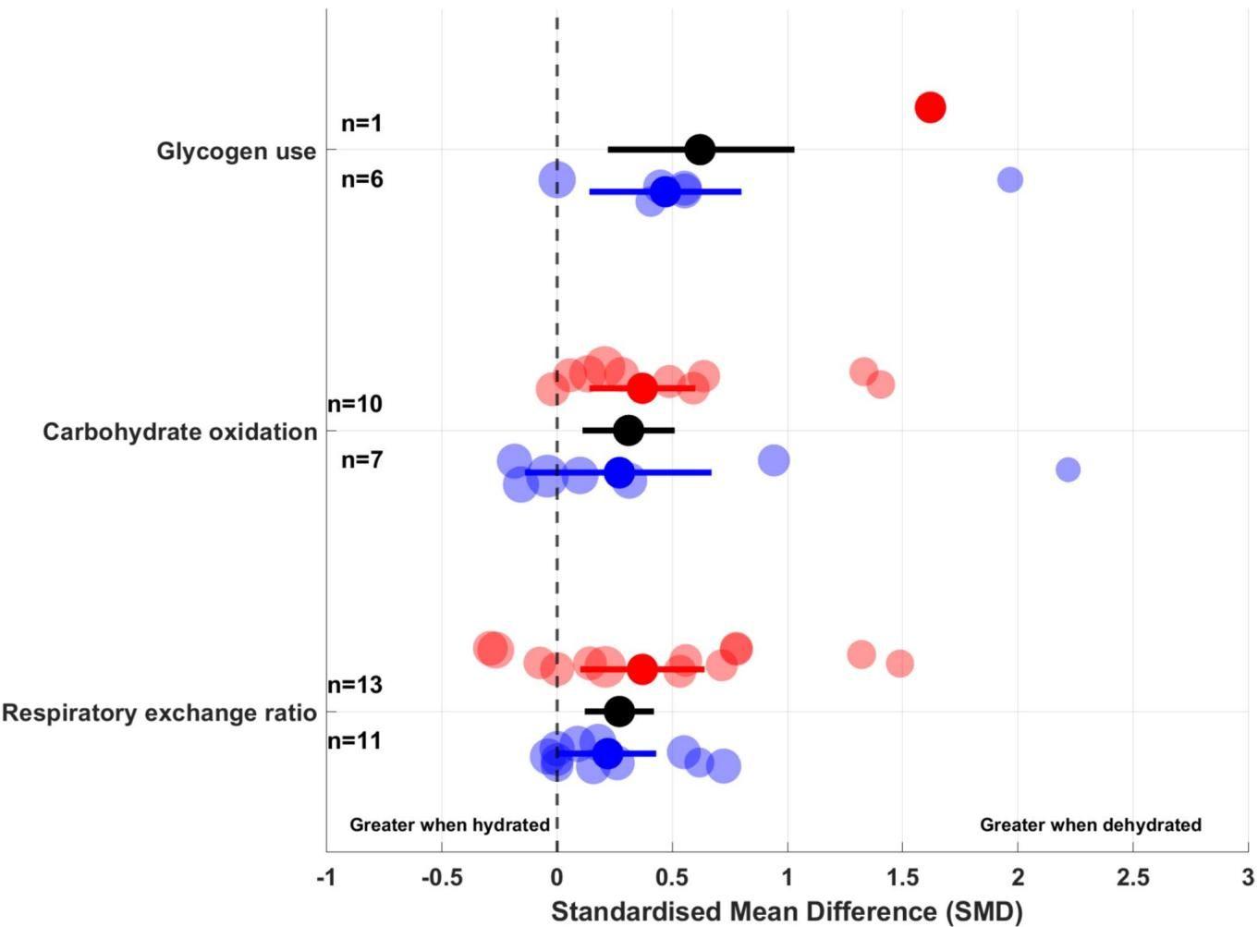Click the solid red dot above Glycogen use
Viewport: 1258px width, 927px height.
(x=930, y=107)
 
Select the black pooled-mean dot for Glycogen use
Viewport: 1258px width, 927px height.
(x=701, y=149)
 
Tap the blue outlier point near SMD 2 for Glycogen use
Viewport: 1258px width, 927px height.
(x=1010, y=179)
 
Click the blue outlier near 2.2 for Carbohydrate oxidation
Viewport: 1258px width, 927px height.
(x=1068, y=470)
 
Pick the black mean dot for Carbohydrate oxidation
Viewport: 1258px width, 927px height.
(x=629, y=430)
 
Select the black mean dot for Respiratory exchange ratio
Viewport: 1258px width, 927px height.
(x=619, y=711)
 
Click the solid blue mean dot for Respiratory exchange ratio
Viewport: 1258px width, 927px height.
(x=607, y=753)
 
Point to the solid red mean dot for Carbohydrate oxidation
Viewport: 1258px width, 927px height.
(x=641, y=387)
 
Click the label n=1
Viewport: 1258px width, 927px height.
(x=361, y=123)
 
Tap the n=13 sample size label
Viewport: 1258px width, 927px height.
(x=355, y=685)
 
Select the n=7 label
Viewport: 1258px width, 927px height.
(x=361, y=459)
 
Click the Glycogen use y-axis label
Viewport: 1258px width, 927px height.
(x=236, y=151)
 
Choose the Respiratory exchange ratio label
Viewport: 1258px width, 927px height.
(x=159, y=713)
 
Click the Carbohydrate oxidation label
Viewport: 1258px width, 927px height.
(x=179, y=432)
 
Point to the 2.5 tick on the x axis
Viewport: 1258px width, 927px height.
(x=1133, y=876)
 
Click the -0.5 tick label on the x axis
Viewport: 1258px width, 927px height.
(x=441, y=876)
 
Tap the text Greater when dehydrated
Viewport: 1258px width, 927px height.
(x=1090, y=824)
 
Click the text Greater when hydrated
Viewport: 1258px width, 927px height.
(x=449, y=824)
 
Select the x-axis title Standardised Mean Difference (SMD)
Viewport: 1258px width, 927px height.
(x=787, y=911)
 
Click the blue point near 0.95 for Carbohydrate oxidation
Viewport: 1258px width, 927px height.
(x=774, y=459)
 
